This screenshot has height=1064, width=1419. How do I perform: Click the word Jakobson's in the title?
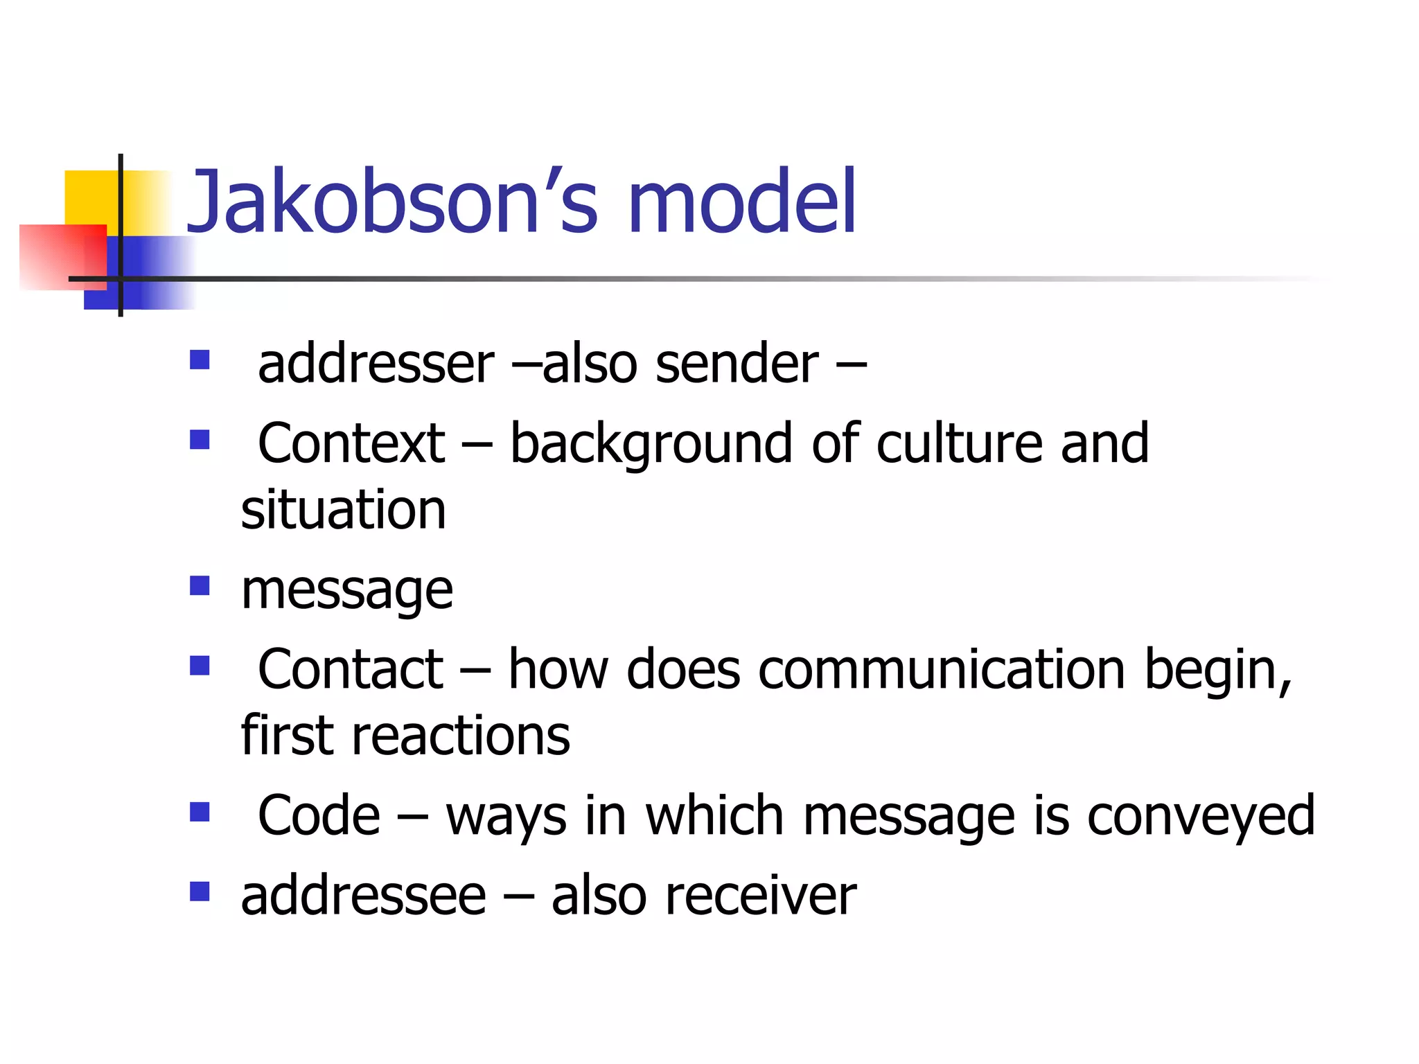coord(391,202)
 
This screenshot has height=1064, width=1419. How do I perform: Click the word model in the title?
coord(741,202)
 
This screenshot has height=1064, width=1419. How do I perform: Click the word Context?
coord(351,443)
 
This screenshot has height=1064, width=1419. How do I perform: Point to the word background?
coord(651,445)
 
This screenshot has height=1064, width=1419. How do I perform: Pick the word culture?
coord(959,443)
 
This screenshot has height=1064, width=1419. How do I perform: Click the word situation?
coord(343,510)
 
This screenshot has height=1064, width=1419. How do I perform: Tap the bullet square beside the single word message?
coord(200,586)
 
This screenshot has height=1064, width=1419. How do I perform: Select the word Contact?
coord(350,669)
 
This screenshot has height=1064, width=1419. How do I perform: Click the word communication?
coord(942,669)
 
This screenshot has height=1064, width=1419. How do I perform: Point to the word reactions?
coord(461,736)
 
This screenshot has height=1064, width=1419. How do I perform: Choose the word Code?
coord(319,815)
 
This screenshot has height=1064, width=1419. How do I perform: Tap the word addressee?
coord(363,896)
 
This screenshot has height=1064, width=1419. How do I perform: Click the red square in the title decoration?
coord(55,256)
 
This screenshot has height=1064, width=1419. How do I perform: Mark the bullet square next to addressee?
coord(200,891)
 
